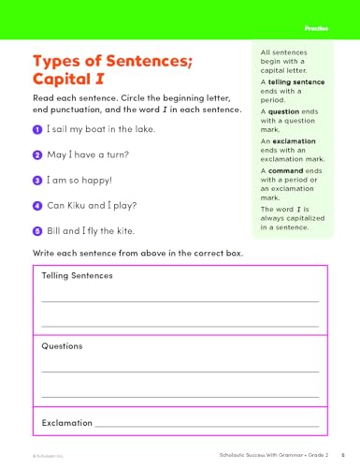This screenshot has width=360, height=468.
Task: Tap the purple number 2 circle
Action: coord(36,154)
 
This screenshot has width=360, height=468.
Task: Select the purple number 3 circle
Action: coord(36,180)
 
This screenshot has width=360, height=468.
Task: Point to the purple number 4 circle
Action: coord(36,205)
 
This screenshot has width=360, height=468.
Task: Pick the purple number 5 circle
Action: coord(36,230)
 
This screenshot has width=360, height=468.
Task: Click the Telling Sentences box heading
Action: coord(78,276)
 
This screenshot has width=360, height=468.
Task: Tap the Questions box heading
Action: coord(63,345)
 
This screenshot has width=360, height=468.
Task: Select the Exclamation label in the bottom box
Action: coord(68,423)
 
